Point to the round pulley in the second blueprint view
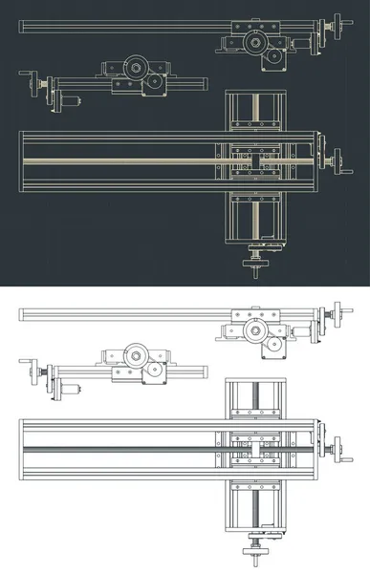click(x=134, y=69)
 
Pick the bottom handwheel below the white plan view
click(x=256, y=549)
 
